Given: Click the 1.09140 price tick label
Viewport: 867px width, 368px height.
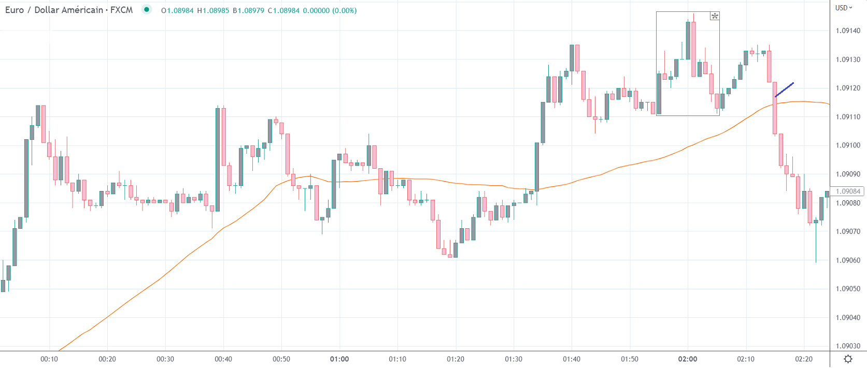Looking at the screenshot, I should coord(848,31).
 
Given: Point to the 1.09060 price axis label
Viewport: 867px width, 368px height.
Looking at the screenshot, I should coord(848,260).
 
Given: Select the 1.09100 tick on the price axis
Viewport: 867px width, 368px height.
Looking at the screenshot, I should coord(848,145).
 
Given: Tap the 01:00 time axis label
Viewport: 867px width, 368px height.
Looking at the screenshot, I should coord(339,359).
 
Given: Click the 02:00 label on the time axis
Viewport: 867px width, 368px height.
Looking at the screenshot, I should coord(688,359).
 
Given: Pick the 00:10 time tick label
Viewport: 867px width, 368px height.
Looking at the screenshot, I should coord(49,359).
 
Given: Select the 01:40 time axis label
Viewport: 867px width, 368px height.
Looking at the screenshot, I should coord(572,359).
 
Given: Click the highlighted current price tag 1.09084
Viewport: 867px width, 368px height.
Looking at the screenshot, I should coord(848,192).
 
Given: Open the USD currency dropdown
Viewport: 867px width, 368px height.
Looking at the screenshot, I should coord(844,8).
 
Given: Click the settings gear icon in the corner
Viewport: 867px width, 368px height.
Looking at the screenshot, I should coord(848,359).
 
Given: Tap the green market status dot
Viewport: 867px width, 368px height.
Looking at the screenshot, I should coord(147,10).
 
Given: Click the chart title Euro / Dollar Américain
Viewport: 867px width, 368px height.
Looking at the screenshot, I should coord(54,10).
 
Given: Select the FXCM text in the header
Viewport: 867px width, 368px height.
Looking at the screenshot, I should coord(121,10).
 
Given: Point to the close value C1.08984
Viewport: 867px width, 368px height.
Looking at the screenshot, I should coord(283,10).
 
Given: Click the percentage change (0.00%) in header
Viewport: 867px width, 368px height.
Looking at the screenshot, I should coord(344,10).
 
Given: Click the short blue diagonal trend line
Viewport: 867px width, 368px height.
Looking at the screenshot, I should coord(784,90).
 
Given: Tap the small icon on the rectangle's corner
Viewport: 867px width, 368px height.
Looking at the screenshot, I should coord(715,16).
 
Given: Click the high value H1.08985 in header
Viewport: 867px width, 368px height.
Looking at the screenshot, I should coord(213,10).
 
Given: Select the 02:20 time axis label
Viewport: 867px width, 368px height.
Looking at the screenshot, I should coord(804,359).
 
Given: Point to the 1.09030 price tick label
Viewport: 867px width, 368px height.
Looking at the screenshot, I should coord(848,346).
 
